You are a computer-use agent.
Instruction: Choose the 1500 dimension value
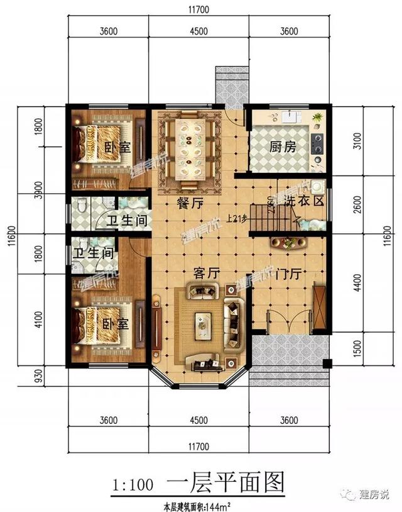pos(357,348)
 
